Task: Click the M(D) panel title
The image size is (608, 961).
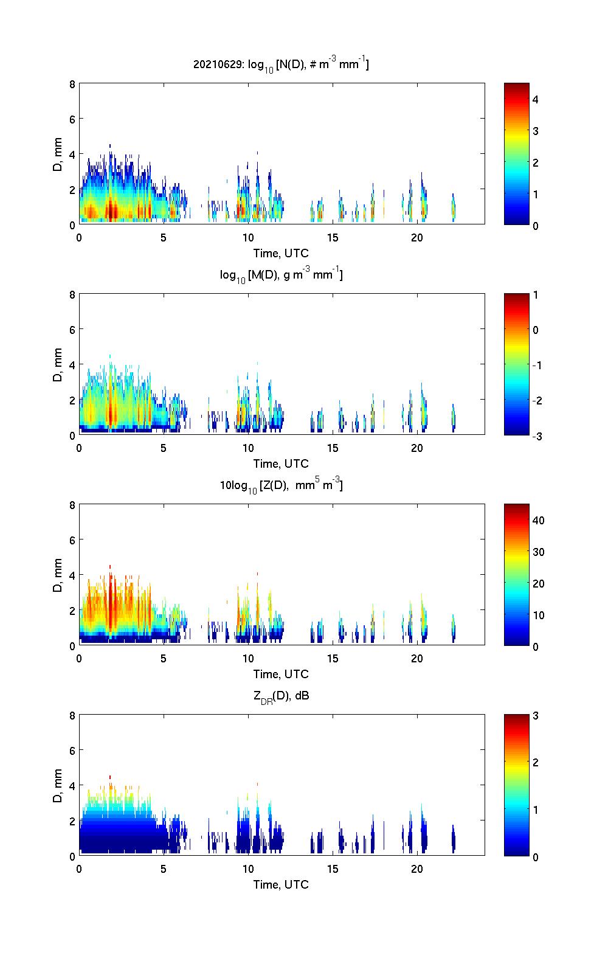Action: (281, 275)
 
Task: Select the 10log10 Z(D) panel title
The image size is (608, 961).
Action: (281, 485)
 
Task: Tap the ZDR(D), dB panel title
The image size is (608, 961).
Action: (281, 696)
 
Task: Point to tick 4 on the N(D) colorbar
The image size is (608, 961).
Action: (536, 99)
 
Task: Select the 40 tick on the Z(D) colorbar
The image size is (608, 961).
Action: (538, 520)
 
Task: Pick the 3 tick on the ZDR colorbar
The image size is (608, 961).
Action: (536, 716)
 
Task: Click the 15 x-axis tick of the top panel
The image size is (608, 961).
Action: (333, 237)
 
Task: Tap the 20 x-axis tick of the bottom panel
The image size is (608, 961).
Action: (417, 869)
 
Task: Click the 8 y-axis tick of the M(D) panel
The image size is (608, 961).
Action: (72, 295)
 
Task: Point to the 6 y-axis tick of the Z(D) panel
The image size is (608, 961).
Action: (72, 540)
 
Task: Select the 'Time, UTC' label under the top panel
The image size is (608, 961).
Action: (281, 253)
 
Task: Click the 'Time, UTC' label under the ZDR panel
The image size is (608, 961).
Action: (281, 884)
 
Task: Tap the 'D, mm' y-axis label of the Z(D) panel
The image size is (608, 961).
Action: (58, 575)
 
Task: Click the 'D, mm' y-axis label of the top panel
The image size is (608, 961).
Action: (58, 154)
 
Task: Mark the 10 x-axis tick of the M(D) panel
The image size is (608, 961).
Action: (248, 448)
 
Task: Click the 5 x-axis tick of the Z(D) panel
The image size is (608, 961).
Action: (164, 658)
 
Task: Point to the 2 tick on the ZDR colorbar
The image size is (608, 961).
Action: (536, 763)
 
